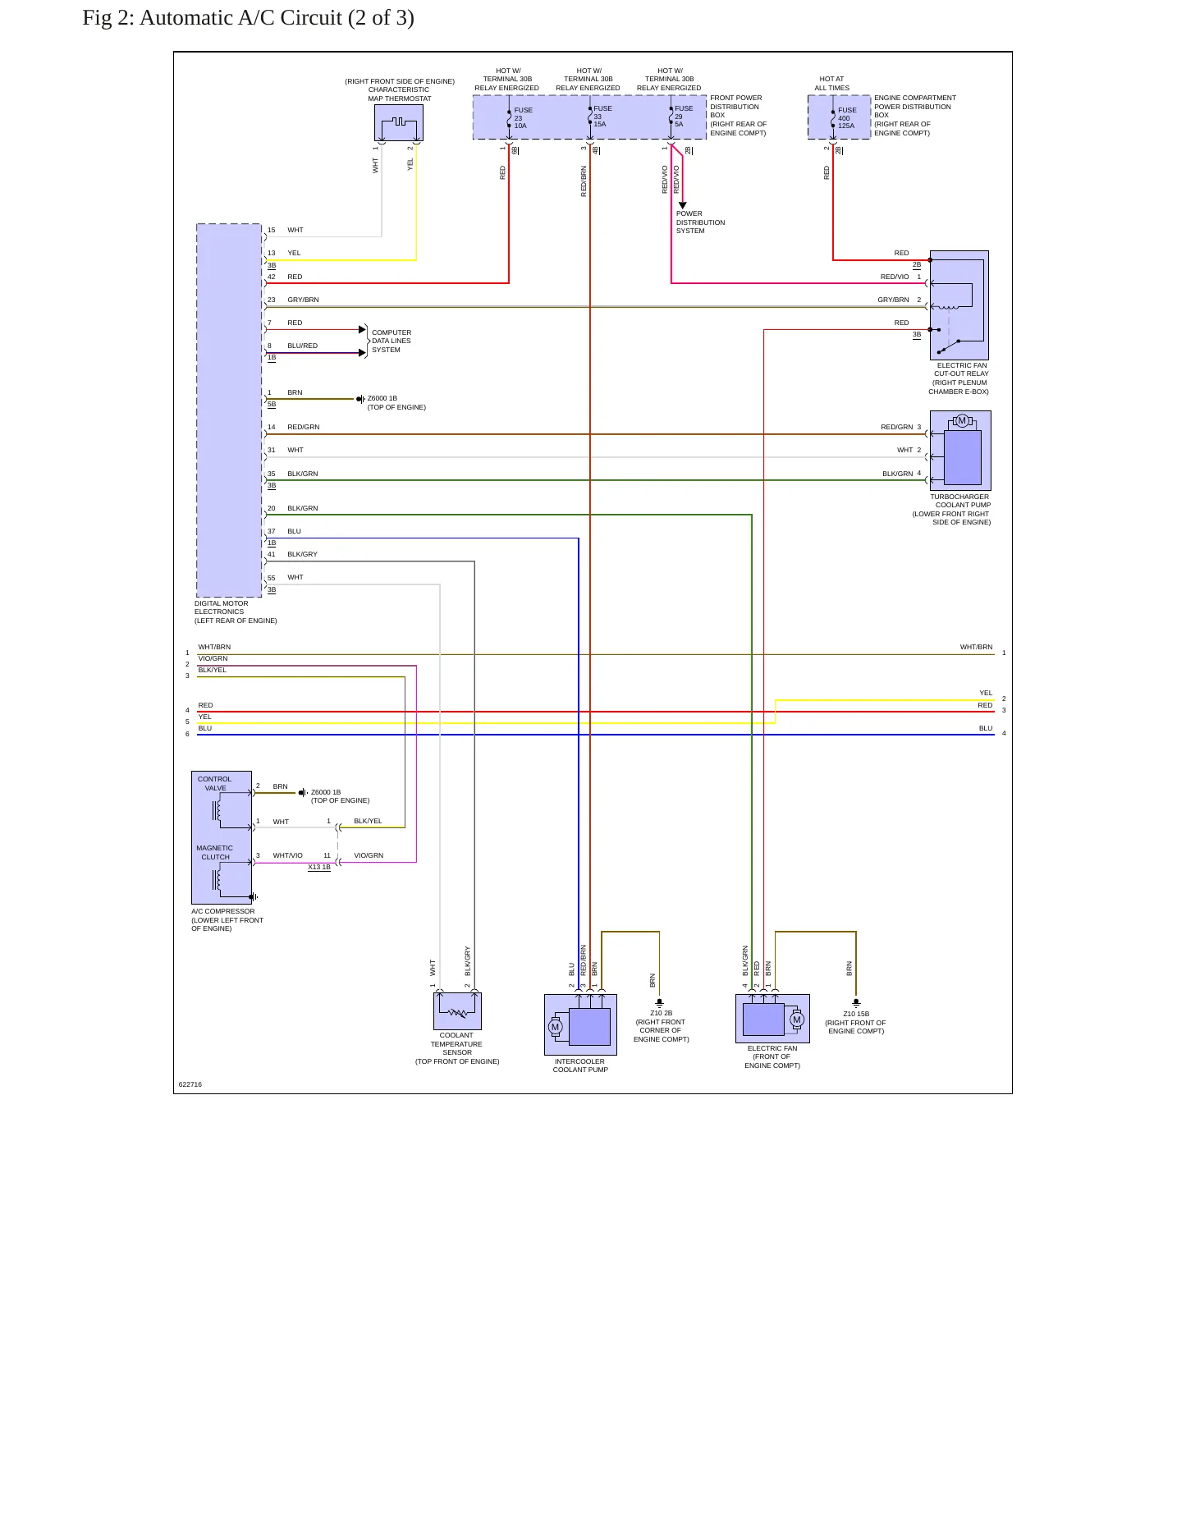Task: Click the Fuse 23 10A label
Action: tap(523, 117)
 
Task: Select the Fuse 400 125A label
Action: tap(847, 117)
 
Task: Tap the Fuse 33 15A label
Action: tap(602, 116)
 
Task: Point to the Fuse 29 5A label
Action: tap(684, 116)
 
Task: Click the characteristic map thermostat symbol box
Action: tap(399, 122)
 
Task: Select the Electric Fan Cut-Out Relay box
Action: tap(959, 305)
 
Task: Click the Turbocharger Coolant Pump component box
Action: tap(960, 451)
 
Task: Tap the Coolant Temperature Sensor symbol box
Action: tap(457, 1010)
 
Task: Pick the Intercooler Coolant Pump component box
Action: tap(580, 1024)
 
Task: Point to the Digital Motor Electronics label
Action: tap(236, 612)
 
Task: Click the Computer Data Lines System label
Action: tap(392, 341)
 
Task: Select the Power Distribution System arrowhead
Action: tap(682, 205)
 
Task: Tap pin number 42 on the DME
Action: tap(271, 277)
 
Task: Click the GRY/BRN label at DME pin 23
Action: tap(303, 300)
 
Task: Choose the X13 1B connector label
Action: tap(319, 867)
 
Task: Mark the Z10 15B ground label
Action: tap(856, 1014)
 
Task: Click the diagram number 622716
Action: tap(190, 1084)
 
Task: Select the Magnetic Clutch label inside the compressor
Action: tap(215, 852)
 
